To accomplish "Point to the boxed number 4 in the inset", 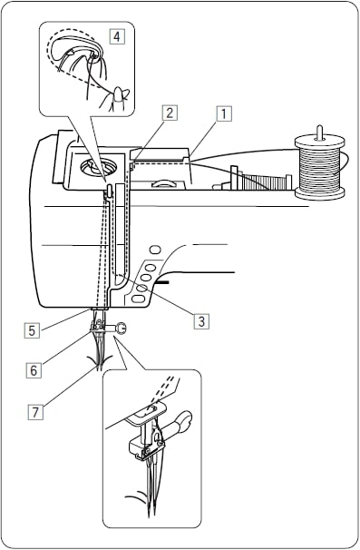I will (x=116, y=37).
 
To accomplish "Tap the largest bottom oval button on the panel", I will (x=139, y=296).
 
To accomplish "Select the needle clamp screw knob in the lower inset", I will (x=186, y=421).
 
